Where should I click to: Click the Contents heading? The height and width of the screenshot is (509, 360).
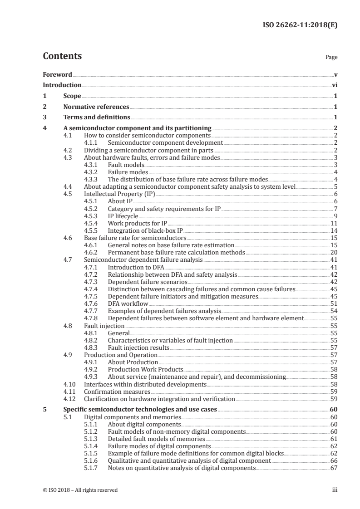(62, 56)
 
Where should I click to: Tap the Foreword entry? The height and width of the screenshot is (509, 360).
(57, 74)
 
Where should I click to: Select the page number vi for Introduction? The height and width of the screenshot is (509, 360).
(334, 85)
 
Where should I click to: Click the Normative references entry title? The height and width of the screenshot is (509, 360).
(96, 107)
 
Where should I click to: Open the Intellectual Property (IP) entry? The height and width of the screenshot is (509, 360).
(119, 194)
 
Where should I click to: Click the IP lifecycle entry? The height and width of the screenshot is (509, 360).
(123, 215)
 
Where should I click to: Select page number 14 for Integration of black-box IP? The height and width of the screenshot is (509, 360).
(333, 230)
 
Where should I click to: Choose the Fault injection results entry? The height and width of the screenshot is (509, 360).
(138, 347)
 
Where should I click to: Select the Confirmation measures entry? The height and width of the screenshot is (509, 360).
(117, 392)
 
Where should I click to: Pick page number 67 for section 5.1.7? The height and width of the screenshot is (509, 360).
(333, 468)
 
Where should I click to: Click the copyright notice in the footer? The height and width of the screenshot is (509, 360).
(80, 490)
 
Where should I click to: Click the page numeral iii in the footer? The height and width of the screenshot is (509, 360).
(335, 490)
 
